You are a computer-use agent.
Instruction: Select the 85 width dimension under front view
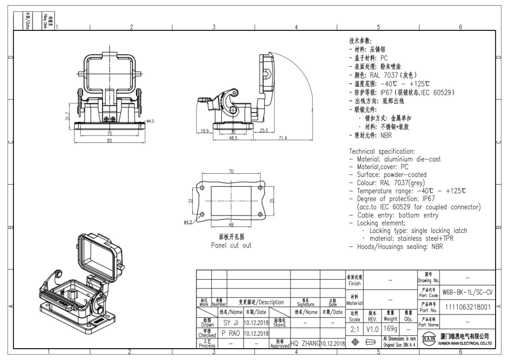click(x=110, y=140)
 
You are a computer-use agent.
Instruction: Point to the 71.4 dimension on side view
click(x=283, y=138)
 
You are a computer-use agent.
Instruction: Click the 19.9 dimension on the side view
click(x=204, y=131)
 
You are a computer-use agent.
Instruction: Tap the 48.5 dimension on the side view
click(x=233, y=138)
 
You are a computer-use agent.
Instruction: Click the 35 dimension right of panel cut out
click(x=272, y=201)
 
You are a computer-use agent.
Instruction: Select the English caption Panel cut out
click(x=231, y=245)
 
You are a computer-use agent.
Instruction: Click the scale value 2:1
click(x=354, y=328)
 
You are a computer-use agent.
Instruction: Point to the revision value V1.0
click(x=373, y=328)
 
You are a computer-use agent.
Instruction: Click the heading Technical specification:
click(x=381, y=152)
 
